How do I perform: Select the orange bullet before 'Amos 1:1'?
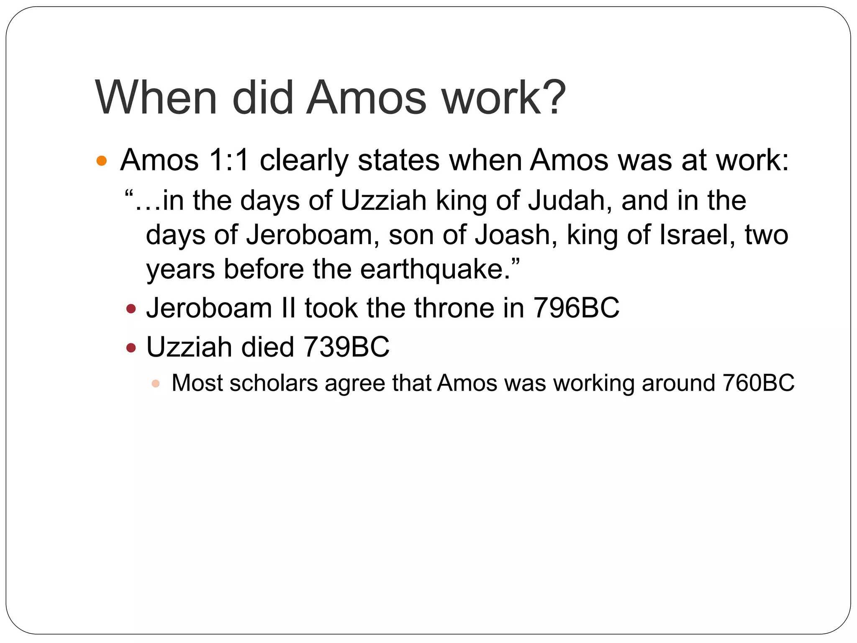coord(102,161)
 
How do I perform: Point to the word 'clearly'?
coord(304,161)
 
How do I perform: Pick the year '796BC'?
coord(576,308)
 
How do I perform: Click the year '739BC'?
coord(346,347)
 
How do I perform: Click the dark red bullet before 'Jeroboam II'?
coord(131,309)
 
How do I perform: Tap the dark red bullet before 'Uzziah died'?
coord(131,347)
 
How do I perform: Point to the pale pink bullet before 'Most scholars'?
coord(156,383)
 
